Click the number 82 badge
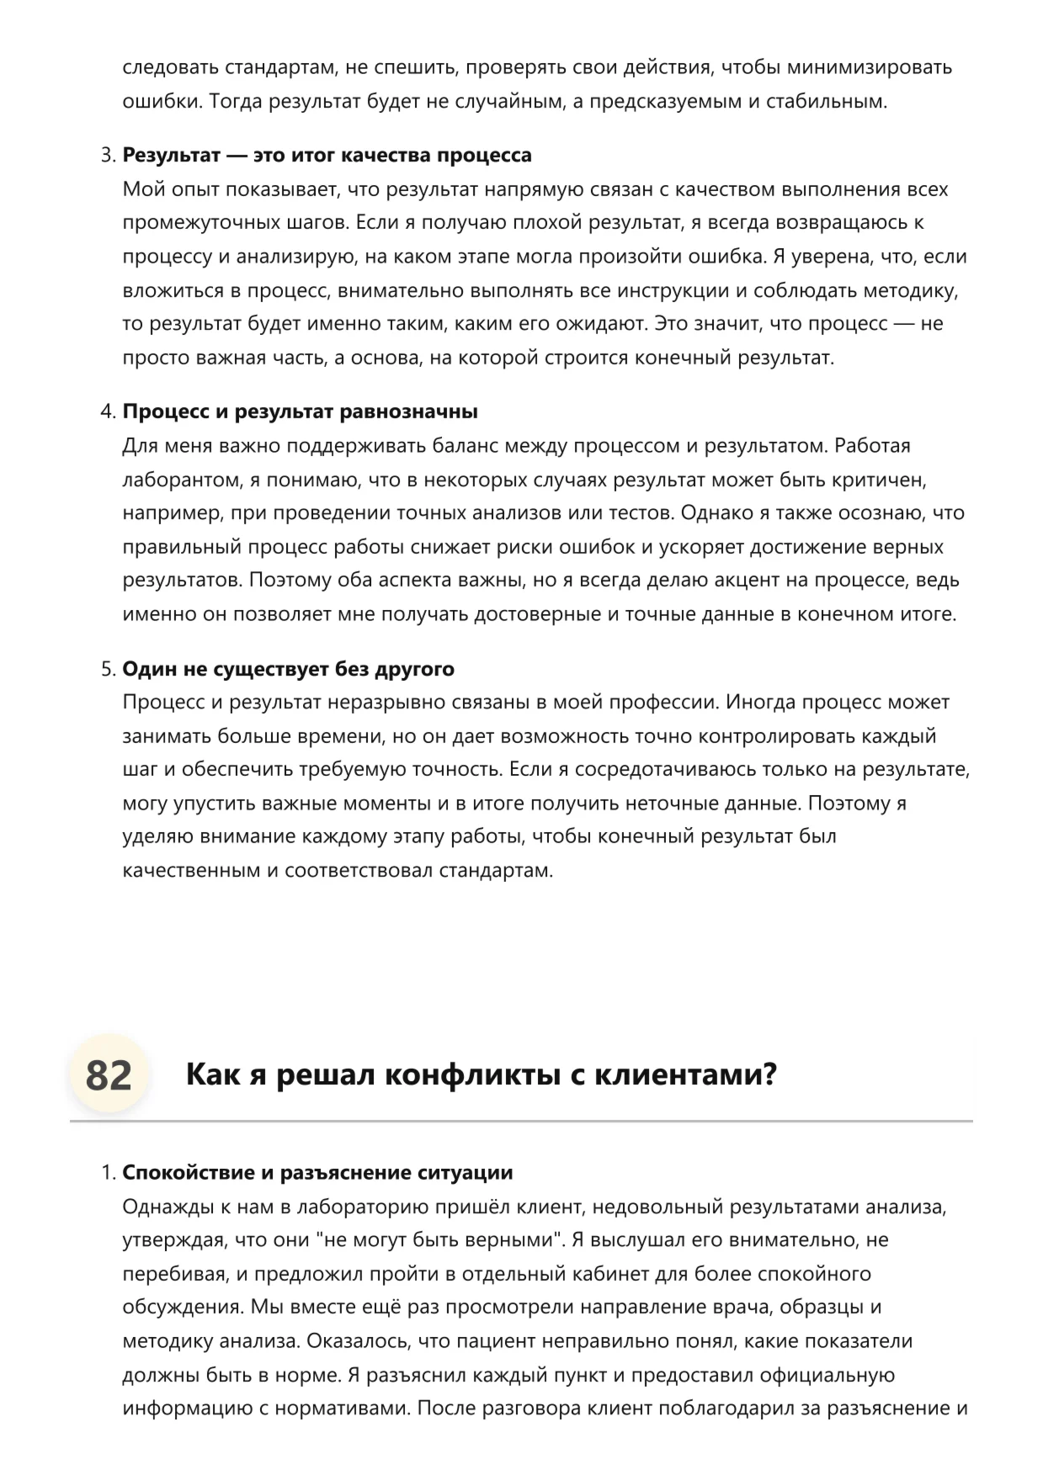(x=109, y=1074)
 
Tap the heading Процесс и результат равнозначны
(x=300, y=411)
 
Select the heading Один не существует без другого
(x=288, y=669)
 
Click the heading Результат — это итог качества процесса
(x=327, y=155)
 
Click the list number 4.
(x=107, y=411)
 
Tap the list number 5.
(x=107, y=669)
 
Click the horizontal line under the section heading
(x=521, y=1122)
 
